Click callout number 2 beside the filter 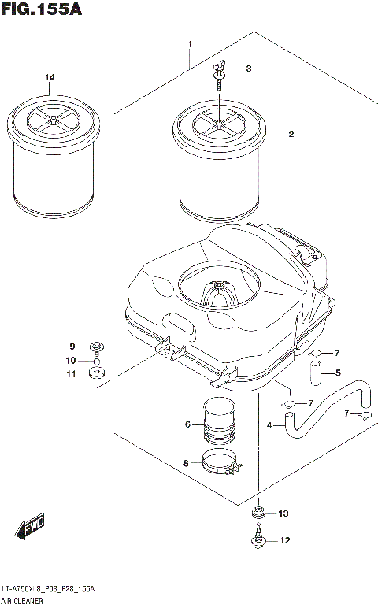[290, 135]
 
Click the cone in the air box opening [217, 296]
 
